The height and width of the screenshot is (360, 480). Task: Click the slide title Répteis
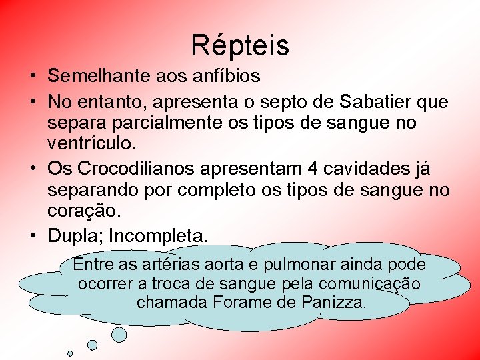tap(240, 45)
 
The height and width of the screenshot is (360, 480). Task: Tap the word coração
tap(85, 211)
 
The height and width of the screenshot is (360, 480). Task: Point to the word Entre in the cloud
tap(94, 264)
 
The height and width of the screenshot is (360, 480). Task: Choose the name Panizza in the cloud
tap(333, 302)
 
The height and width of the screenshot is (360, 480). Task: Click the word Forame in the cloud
tap(257, 302)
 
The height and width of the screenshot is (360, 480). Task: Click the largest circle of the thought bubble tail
tap(119, 334)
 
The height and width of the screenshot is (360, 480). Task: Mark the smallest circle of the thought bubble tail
tap(70, 353)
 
